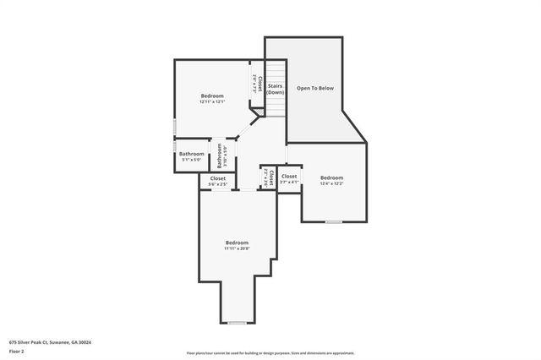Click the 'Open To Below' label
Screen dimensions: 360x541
pyautogui.click(x=314, y=88)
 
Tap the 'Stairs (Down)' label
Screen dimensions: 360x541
pyautogui.click(x=276, y=89)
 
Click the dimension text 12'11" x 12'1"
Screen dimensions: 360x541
pyautogui.click(x=212, y=101)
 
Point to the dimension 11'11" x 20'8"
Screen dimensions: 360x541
pyautogui.click(x=237, y=248)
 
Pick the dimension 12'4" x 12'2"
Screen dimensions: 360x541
pyautogui.click(x=331, y=183)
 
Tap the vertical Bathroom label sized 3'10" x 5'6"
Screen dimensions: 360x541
pyautogui.click(x=221, y=155)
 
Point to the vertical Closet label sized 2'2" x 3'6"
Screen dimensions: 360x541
pyautogui.click(x=268, y=177)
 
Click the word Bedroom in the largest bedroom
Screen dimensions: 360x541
pyautogui.click(x=237, y=243)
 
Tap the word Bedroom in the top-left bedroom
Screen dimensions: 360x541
pyautogui.click(x=212, y=95)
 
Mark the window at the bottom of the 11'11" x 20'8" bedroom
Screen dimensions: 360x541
pyautogui.click(x=237, y=323)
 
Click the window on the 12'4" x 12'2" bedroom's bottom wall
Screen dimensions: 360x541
pyautogui.click(x=334, y=221)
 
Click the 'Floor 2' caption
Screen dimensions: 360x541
pyautogui.click(x=18, y=350)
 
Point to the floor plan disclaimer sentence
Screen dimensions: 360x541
pyautogui.click(x=270, y=352)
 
